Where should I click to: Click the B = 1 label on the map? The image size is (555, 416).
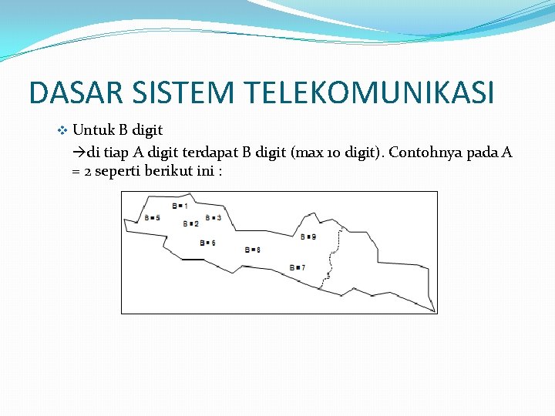pyautogui.click(x=180, y=206)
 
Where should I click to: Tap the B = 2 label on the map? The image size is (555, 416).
pyautogui.click(x=190, y=223)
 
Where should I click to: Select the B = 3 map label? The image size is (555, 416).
pyautogui.click(x=214, y=218)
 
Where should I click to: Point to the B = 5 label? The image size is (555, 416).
pyautogui.click(x=152, y=218)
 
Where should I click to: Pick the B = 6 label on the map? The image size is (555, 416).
pyautogui.click(x=207, y=243)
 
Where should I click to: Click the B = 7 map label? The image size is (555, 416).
pyautogui.click(x=298, y=267)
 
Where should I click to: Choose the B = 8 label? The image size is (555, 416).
pyautogui.click(x=252, y=250)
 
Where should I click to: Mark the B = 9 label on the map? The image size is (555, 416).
pyautogui.click(x=308, y=237)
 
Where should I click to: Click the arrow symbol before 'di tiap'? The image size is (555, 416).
pyautogui.click(x=78, y=152)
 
